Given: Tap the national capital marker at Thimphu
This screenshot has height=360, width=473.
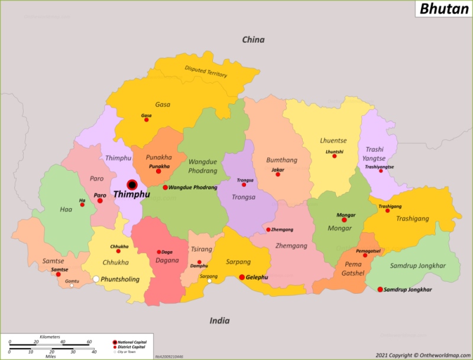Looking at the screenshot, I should click(x=132, y=185).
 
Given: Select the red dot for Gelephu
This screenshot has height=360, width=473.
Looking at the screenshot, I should click(x=241, y=277).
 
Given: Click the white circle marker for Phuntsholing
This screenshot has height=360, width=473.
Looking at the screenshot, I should click(x=96, y=279).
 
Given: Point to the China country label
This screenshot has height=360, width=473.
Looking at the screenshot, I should click(x=253, y=40).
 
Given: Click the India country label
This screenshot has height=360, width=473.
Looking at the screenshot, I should click(x=219, y=320).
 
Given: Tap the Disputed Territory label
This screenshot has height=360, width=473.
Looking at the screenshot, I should click(x=206, y=72).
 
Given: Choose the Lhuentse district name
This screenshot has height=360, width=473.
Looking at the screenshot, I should click(x=333, y=141).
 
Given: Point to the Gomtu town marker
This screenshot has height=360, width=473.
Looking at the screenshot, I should click(x=72, y=286).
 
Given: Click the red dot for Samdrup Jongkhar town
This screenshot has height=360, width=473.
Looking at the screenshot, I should click(x=380, y=289).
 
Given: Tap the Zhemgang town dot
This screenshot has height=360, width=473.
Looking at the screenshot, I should click(x=268, y=229).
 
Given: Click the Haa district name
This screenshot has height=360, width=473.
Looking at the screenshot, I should click(x=66, y=209).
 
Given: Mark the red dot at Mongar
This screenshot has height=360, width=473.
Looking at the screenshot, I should click(x=344, y=220).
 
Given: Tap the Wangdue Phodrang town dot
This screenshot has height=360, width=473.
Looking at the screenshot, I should click(x=165, y=187).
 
